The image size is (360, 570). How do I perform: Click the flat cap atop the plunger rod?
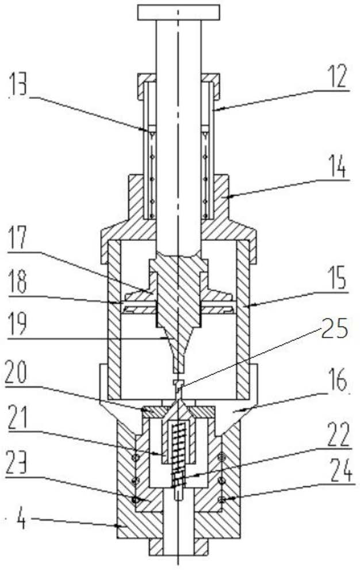tap(179, 10)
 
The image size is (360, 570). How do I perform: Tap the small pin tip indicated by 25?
tap(178, 384)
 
